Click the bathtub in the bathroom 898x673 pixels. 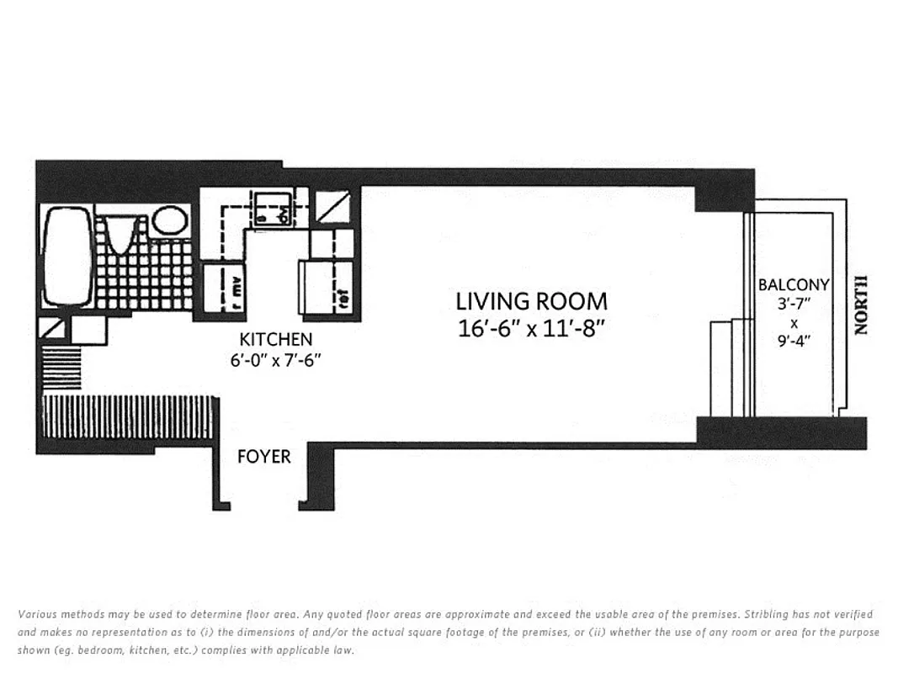tap(66, 257)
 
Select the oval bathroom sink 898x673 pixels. tap(170, 220)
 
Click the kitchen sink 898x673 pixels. tap(274, 208)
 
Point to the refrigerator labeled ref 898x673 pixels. tap(325, 289)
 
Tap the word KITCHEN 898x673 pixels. tap(276, 340)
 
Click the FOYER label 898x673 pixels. tap(264, 457)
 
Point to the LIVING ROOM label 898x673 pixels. tap(531, 301)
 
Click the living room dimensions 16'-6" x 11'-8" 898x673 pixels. tap(531, 328)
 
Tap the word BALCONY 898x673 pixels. tap(794, 285)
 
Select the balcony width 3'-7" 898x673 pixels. tap(793, 303)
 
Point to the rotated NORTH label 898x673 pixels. tap(859, 305)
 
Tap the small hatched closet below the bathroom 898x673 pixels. tap(61, 368)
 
